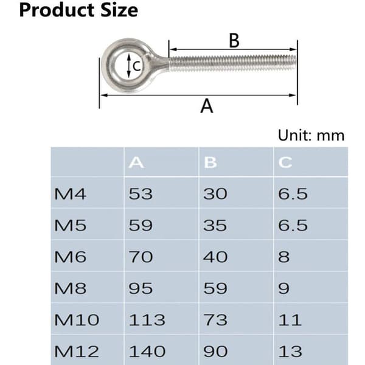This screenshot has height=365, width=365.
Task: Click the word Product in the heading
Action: click(x=57, y=10)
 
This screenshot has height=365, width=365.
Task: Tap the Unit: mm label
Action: click(x=311, y=135)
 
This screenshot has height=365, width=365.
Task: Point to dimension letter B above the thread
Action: click(x=234, y=41)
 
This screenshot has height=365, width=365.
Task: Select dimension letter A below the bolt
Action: click(x=207, y=106)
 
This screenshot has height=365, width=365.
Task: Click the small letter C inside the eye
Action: click(x=137, y=66)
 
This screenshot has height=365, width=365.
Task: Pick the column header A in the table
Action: click(x=136, y=162)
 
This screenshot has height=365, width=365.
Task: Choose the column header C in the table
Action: click(x=285, y=162)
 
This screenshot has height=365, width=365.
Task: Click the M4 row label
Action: click(x=70, y=194)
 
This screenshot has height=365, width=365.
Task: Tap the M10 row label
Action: click(x=77, y=320)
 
